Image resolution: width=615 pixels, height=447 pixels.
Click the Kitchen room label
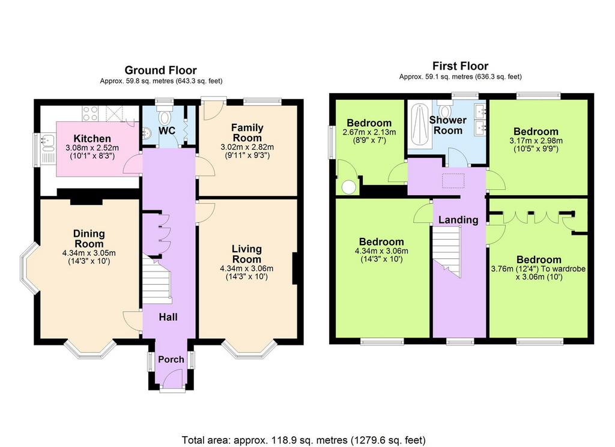(x=92, y=139)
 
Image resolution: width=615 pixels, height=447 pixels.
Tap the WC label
(x=167, y=131)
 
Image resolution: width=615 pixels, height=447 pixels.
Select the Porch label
(x=171, y=359)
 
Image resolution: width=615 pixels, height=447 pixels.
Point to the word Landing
(x=458, y=220)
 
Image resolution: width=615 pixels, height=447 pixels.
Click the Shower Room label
(x=448, y=125)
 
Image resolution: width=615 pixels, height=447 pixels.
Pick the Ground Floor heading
(x=161, y=70)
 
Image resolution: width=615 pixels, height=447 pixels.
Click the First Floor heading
(x=461, y=65)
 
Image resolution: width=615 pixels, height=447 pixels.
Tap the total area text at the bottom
(x=303, y=440)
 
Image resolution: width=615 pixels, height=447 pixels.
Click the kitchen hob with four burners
(x=90, y=113)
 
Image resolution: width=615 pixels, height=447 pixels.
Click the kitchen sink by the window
(x=47, y=142)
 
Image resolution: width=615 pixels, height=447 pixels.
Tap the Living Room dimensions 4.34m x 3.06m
(x=247, y=269)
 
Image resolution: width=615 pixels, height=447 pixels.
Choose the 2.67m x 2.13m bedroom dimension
(x=369, y=132)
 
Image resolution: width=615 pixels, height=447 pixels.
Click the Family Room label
(x=247, y=133)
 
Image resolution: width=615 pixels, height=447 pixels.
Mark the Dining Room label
(x=89, y=239)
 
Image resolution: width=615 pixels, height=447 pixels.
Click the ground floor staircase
(x=157, y=280)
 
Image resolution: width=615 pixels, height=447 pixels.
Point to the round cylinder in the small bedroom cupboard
(x=348, y=187)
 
